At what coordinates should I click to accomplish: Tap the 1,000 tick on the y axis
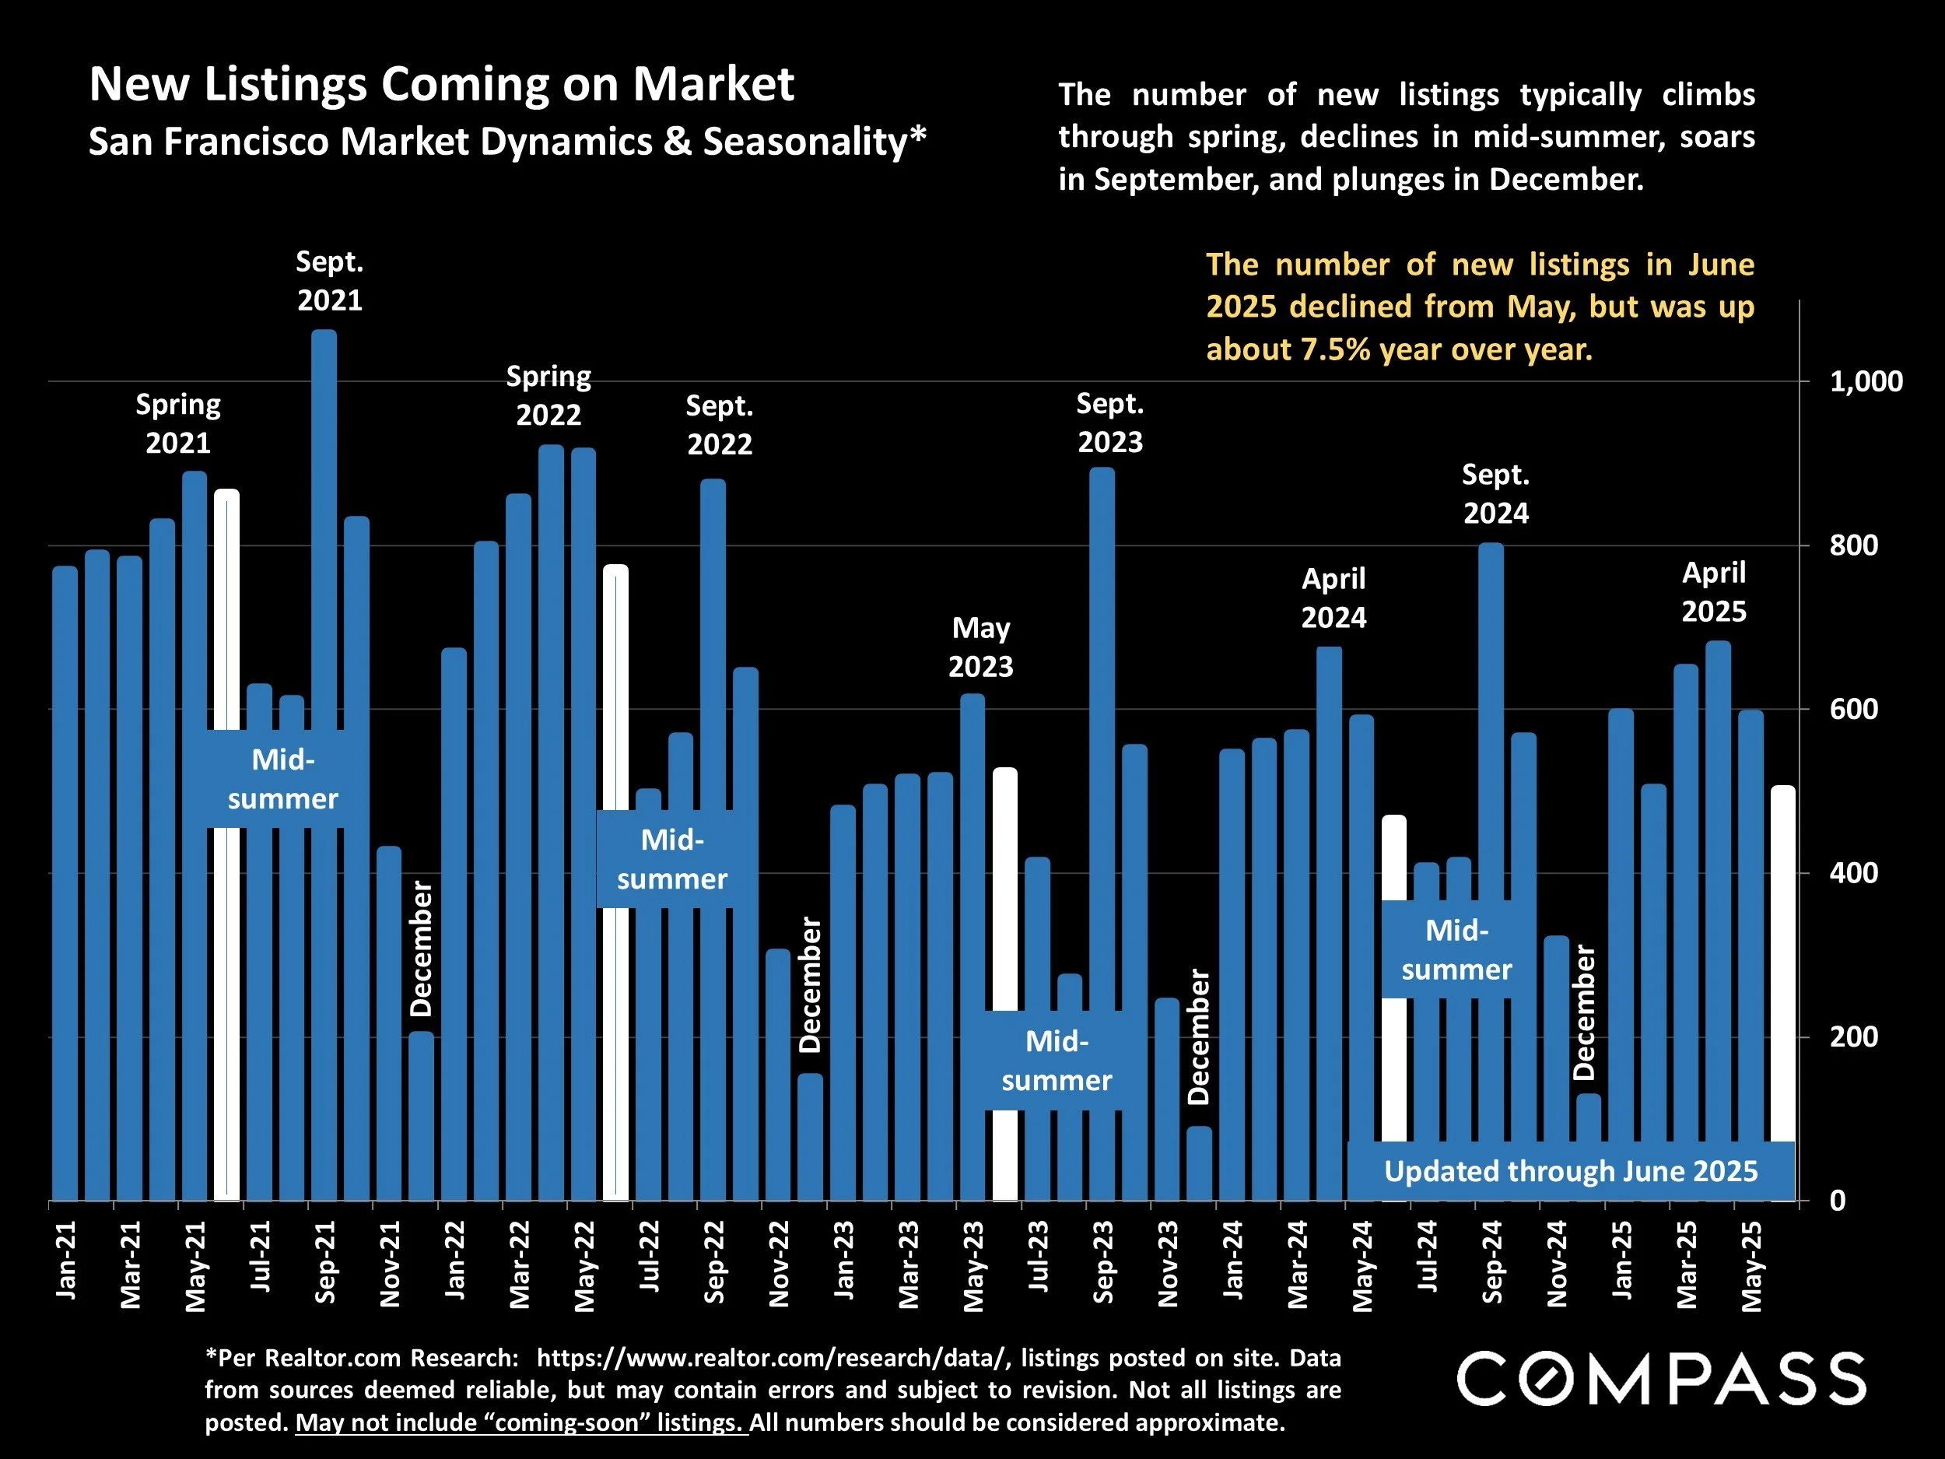click(x=1866, y=382)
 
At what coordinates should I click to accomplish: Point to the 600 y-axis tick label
click(x=1853, y=709)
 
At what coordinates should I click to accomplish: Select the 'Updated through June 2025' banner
click(x=1571, y=1171)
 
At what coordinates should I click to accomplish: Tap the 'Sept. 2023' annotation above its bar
click(x=1109, y=423)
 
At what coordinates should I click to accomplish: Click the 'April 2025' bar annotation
click(x=1714, y=592)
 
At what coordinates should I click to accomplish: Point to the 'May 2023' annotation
click(x=980, y=647)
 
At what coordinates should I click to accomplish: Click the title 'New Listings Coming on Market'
click(x=441, y=84)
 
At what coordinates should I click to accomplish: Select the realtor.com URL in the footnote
click(x=770, y=1358)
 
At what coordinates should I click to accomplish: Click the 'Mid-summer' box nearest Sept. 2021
click(x=283, y=779)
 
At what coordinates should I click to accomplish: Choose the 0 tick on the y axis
click(x=1838, y=1201)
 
